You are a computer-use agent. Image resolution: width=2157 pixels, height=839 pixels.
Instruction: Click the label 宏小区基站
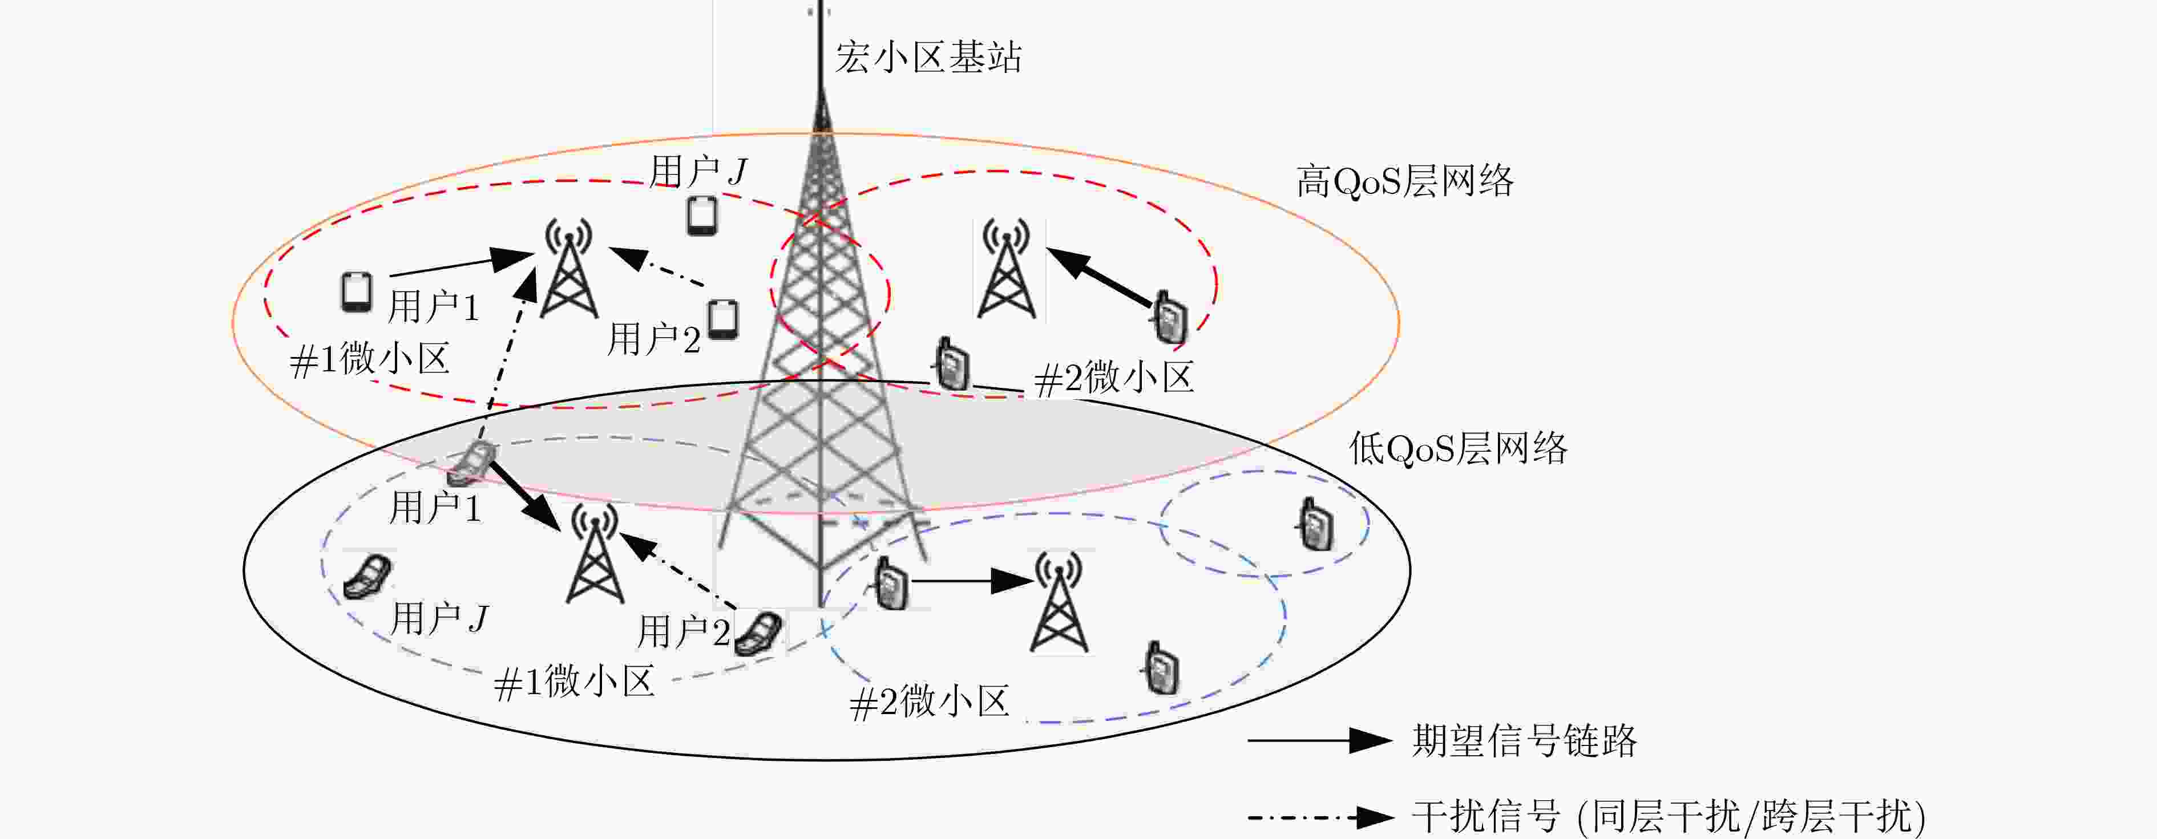point(928,58)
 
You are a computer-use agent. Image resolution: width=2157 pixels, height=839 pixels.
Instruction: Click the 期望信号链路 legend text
point(1524,741)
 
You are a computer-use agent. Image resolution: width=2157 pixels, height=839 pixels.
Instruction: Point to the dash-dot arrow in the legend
point(1319,816)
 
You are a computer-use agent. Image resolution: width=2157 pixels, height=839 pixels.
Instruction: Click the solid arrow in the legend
point(1319,741)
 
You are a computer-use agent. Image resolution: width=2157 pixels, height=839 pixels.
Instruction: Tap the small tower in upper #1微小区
point(569,270)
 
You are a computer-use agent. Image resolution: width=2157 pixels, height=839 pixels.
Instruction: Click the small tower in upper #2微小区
point(1005,270)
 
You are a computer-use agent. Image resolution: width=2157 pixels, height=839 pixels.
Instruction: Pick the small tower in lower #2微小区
point(1059,603)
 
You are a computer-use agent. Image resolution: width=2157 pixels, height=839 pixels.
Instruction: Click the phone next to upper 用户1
point(357,292)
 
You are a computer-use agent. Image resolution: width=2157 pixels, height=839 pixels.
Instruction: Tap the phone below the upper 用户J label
point(702,216)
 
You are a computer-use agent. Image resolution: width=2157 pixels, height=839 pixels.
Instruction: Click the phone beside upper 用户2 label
point(722,319)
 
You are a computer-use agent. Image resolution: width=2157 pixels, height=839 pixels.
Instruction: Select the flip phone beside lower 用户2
point(758,633)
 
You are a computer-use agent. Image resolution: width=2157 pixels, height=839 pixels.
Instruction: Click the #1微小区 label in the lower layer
point(575,682)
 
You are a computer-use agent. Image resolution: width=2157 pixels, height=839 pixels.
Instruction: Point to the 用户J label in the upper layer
point(697,172)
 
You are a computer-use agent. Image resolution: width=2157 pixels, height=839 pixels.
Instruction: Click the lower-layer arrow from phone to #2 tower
point(971,580)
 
